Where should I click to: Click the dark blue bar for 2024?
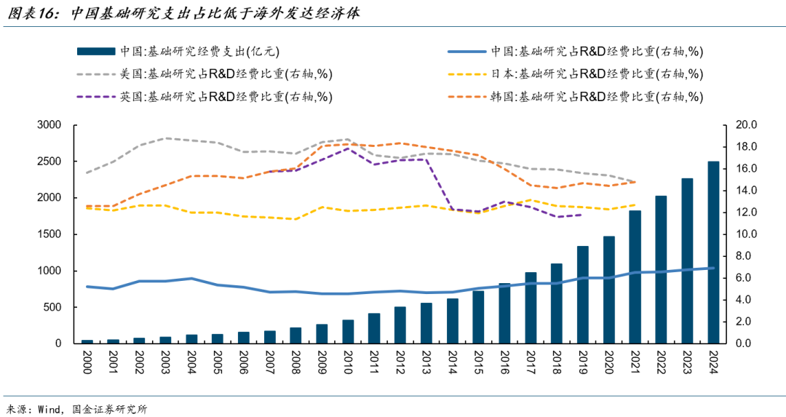(713, 252)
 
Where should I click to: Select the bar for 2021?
(635, 277)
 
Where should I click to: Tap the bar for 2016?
(504, 313)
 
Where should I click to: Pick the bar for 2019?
(582, 295)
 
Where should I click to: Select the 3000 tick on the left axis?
(49, 125)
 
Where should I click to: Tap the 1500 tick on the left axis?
(49, 234)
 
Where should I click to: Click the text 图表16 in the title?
(31, 13)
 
